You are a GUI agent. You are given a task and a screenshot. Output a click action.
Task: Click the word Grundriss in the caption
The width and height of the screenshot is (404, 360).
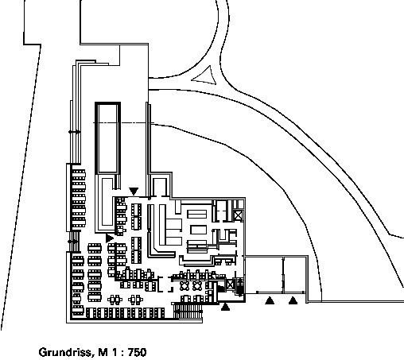(66, 353)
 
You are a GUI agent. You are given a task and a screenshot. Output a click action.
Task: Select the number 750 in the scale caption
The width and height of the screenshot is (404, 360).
(137, 352)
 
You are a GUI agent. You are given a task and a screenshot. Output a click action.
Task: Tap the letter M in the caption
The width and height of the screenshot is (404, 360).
(103, 352)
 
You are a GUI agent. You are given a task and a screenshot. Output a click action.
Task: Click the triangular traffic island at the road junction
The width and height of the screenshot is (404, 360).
(205, 76)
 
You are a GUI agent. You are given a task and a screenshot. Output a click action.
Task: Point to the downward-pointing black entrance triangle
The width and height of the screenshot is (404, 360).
(134, 191)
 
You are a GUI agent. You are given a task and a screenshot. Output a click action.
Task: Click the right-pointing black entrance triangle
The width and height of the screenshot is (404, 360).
(109, 238)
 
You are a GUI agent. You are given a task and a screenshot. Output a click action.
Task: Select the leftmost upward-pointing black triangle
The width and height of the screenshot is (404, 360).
(225, 307)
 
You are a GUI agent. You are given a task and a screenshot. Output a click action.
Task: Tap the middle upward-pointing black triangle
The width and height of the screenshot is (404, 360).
(270, 300)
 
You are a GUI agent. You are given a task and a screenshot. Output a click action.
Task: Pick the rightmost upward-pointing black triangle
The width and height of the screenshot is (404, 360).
(293, 300)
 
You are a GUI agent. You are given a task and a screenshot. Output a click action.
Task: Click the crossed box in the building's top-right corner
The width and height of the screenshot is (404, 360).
(239, 215)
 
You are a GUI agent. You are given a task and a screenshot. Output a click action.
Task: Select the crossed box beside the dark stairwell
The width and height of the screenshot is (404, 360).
(230, 285)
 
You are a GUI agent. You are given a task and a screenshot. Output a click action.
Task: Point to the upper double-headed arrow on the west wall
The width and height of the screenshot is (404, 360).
(75, 132)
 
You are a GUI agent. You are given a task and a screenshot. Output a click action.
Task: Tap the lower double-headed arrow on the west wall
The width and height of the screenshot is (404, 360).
(73, 242)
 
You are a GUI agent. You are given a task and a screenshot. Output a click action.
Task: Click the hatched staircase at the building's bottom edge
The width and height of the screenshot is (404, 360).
(188, 310)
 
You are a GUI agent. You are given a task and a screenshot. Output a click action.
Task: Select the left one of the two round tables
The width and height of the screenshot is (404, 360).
(185, 286)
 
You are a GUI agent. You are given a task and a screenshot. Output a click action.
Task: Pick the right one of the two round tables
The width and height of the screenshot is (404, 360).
(197, 286)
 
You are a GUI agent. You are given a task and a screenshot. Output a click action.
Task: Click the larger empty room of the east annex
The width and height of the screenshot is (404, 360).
(264, 274)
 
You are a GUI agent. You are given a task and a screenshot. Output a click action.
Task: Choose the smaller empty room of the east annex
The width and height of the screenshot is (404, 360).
(295, 274)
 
